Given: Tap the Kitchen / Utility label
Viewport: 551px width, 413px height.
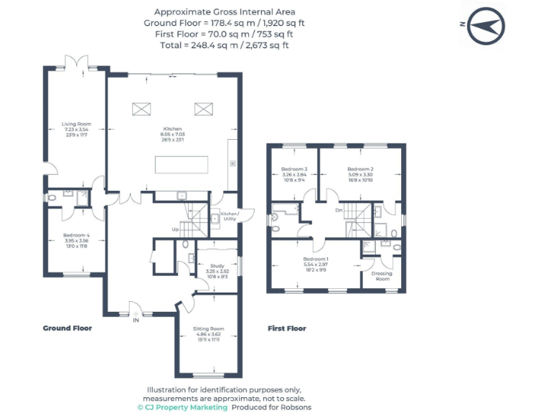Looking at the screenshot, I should (229, 216).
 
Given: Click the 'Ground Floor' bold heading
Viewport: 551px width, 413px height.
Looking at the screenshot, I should (67, 328).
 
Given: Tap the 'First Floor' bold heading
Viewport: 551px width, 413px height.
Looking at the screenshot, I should (287, 328).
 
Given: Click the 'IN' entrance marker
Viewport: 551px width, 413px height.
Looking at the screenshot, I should (136, 321).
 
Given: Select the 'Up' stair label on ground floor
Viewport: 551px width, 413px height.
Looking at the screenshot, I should (175, 229).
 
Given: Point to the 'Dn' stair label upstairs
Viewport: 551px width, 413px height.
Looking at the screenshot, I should (338, 211).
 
